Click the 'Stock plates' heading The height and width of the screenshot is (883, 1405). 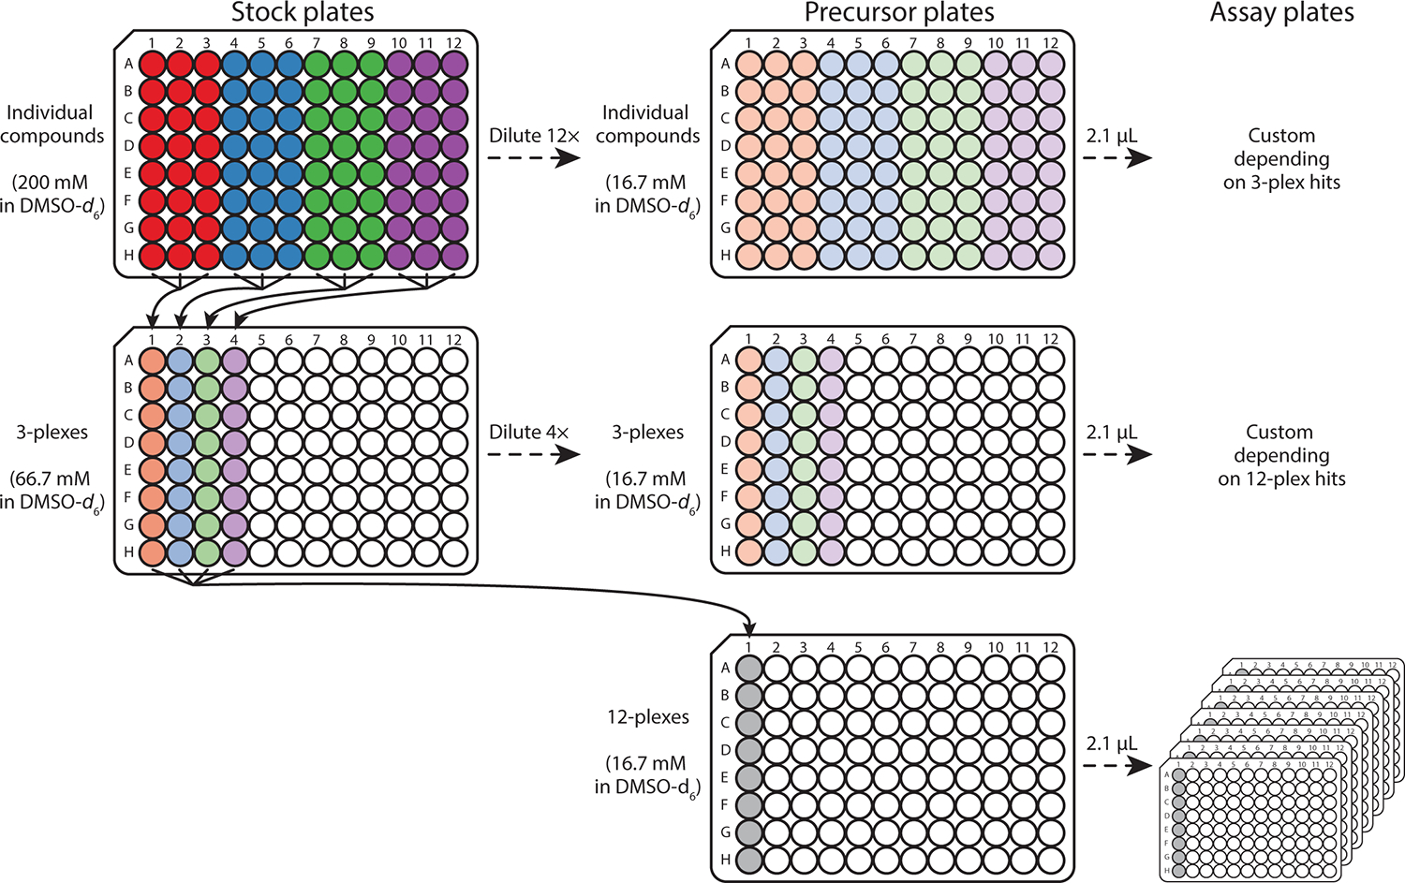coord(303,13)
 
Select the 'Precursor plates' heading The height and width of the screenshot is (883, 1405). coord(899,13)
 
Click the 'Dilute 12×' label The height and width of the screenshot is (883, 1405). coord(534,136)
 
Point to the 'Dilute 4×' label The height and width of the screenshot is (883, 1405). coord(528,433)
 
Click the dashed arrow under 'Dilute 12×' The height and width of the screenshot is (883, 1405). coord(534,158)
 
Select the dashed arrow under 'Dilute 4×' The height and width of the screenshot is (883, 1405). coord(534,455)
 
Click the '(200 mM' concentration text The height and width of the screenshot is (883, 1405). coord(51,183)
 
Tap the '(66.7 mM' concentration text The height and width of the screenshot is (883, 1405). coord(51,479)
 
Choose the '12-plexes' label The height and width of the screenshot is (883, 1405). coord(648,717)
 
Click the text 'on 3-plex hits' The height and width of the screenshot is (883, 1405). coord(1281,183)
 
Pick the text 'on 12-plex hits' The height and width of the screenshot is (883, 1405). coord(1281,479)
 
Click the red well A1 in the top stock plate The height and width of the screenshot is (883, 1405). coord(152,64)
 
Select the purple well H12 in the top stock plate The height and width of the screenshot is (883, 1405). coord(454,255)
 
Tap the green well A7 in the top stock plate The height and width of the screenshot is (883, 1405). coord(318,64)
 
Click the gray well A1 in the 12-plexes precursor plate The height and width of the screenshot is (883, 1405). coord(748,669)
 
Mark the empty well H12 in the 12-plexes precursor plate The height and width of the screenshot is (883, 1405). coord(1051,859)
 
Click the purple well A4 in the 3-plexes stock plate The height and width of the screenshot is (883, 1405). coord(234,361)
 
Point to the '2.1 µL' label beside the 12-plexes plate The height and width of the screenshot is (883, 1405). coord(1112,743)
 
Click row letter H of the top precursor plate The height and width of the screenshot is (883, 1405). coord(725,255)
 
